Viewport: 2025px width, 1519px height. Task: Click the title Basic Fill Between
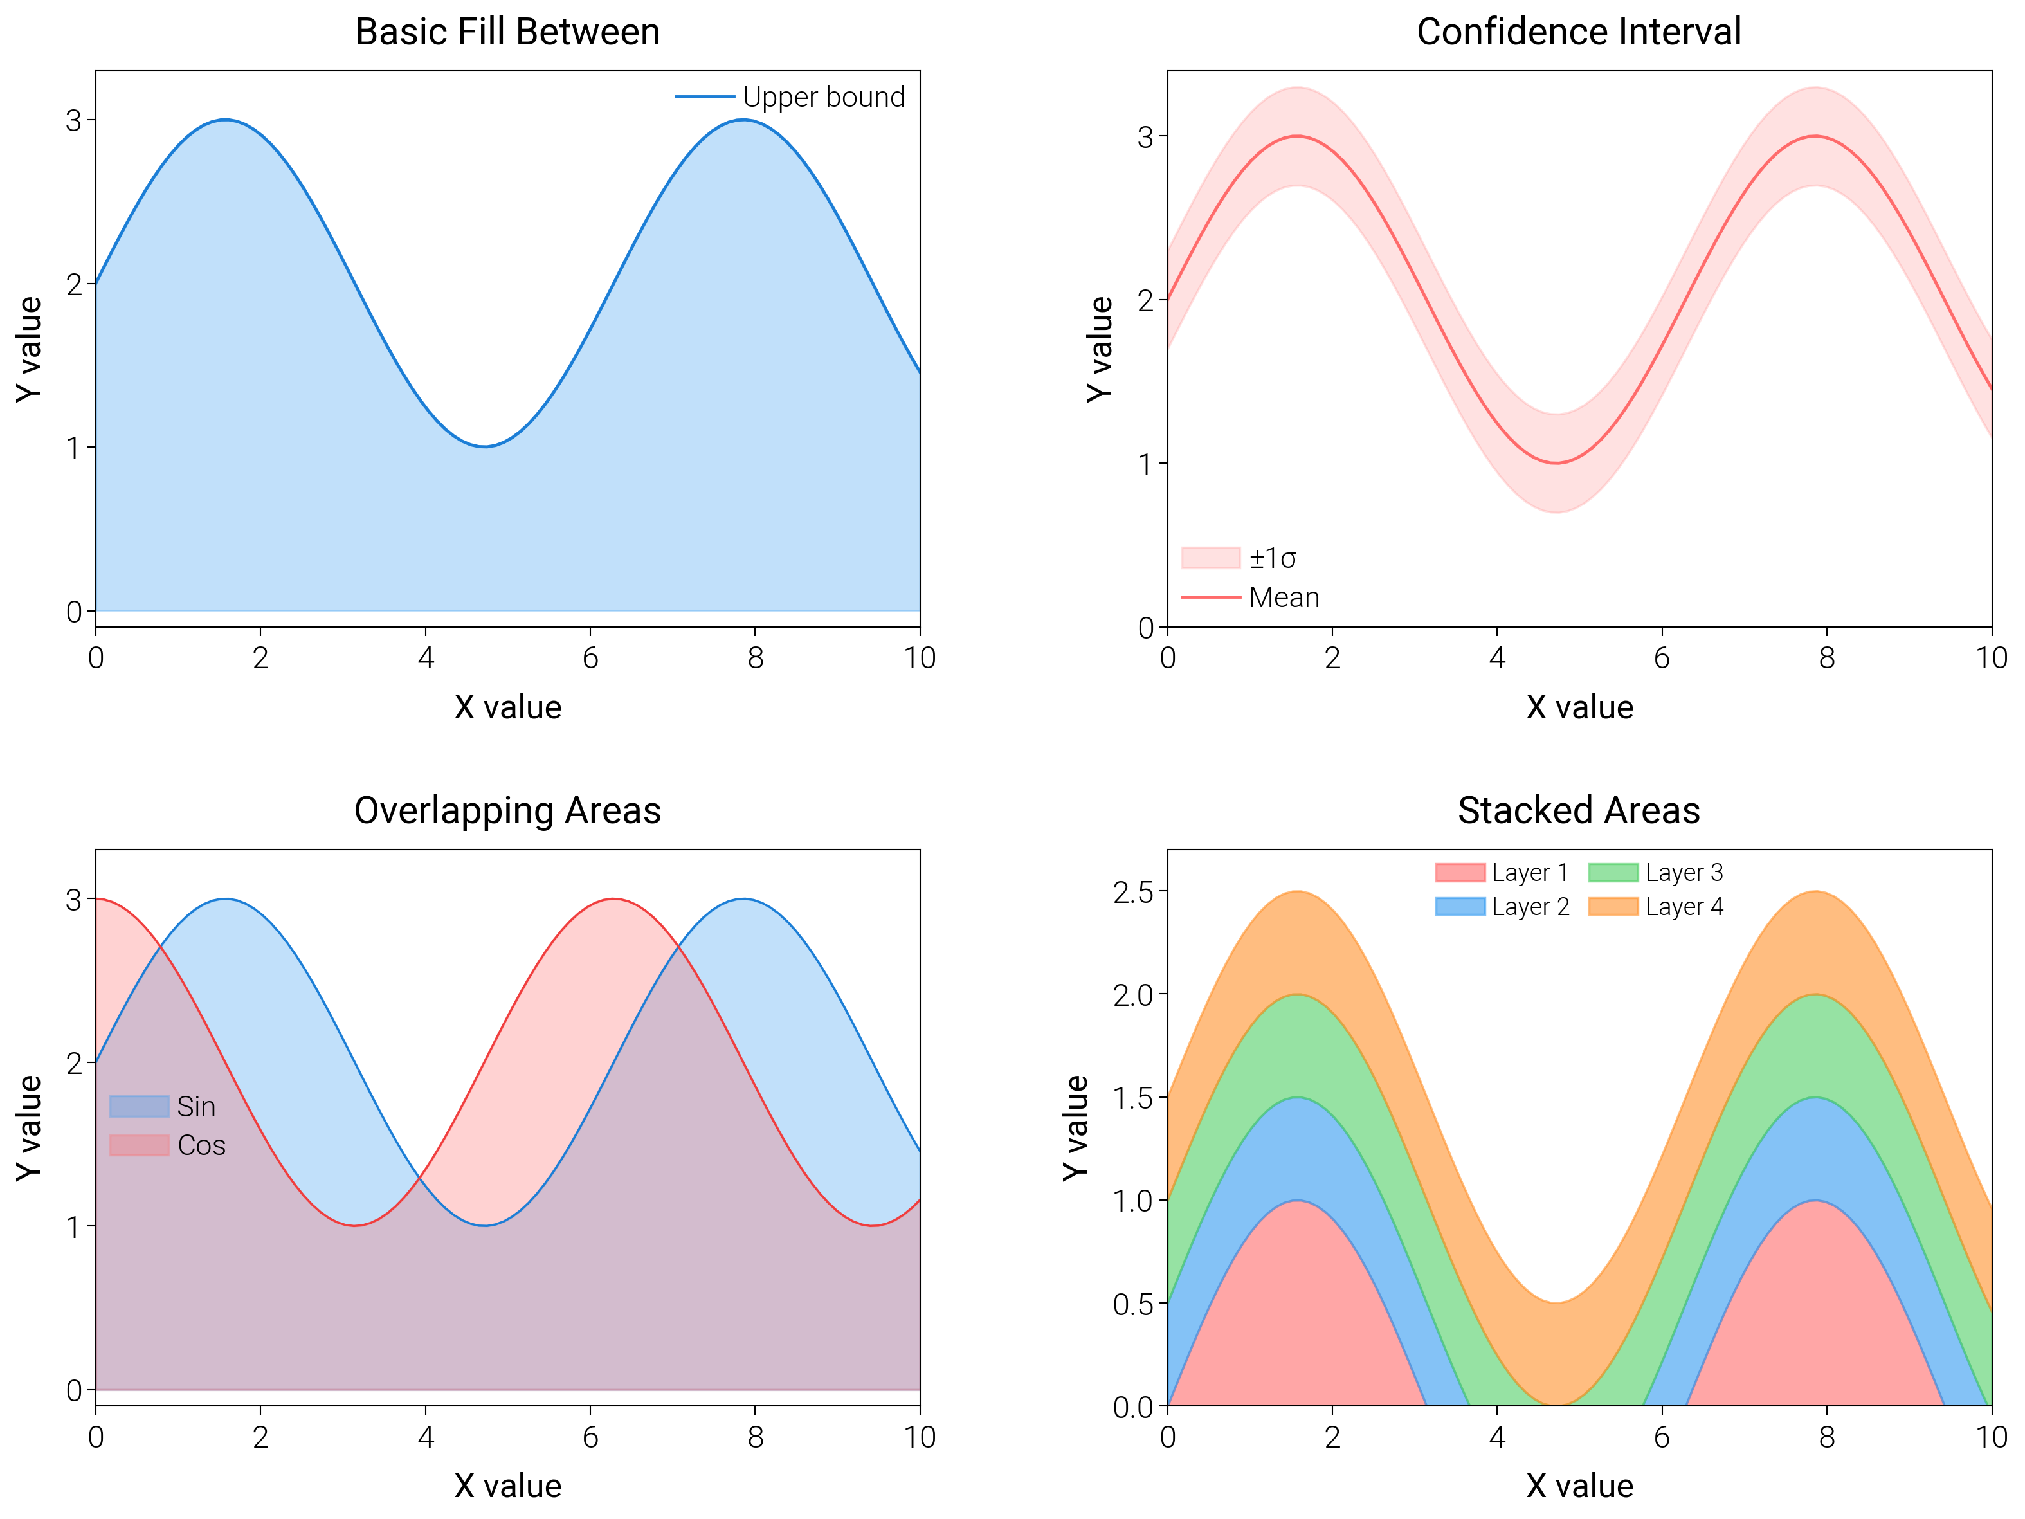pos(507,32)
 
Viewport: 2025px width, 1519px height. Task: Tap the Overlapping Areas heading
pos(507,810)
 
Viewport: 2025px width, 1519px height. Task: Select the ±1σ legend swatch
pos(1210,558)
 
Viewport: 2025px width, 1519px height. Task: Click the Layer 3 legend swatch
pos(1613,873)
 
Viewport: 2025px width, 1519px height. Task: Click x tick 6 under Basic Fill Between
pos(590,657)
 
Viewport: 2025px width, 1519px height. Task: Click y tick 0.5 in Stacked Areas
pos(1132,1304)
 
